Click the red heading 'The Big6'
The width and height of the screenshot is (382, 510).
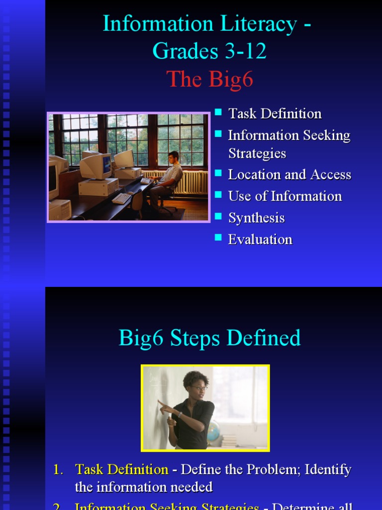click(x=209, y=79)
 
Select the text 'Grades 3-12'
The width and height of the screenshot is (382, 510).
click(x=209, y=51)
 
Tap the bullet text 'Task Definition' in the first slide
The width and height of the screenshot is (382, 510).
click(x=275, y=114)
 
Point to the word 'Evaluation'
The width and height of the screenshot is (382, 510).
click(x=260, y=240)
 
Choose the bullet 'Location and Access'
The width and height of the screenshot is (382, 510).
click(x=289, y=175)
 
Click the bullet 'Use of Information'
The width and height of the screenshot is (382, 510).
click(x=285, y=196)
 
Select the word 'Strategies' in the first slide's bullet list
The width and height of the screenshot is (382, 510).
click(x=257, y=153)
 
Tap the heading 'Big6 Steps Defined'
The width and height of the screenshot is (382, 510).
click(x=209, y=338)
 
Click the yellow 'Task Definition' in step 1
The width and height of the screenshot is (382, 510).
click(x=121, y=469)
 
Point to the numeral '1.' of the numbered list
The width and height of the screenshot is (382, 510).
click(x=59, y=469)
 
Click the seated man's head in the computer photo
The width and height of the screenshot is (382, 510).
click(x=174, y=157)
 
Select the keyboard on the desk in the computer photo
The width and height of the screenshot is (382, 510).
click(x=121, y=198)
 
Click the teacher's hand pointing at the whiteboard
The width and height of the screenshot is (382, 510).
click(x=162, y=403)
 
